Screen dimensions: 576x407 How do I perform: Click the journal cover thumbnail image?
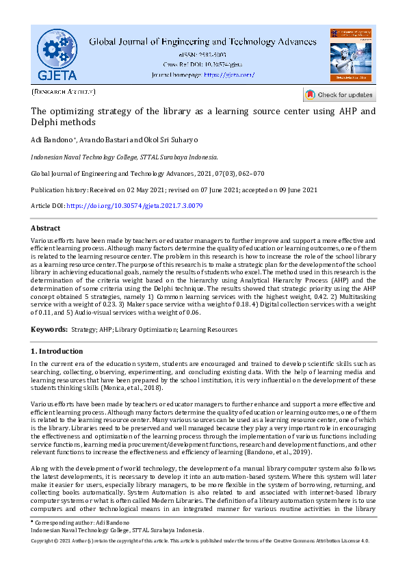click(x=350, y=55)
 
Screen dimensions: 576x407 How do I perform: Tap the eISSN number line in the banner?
click(x=203, y=54)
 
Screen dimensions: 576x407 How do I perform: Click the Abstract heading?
click(x=46, y=228)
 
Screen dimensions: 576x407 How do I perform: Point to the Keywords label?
click(x=49, y=330)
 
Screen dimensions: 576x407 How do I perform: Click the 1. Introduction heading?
click(x=57, y=351)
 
